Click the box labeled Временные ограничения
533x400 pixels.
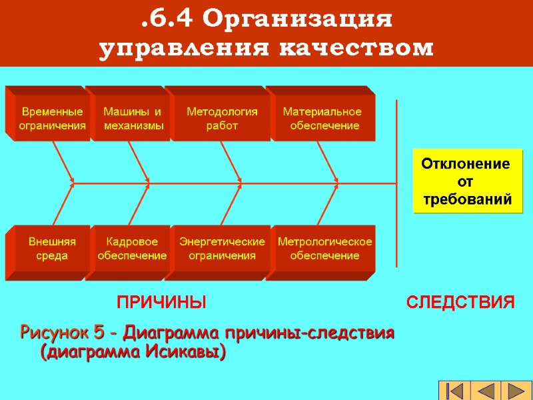click(52, 118)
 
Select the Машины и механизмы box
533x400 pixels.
click(133, 118)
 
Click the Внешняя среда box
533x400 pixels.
click(52, 248)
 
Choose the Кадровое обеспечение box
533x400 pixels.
click(132, 248)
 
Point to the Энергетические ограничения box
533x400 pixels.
click(222, 248)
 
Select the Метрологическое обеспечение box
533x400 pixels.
click(324, 248)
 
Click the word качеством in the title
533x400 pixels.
click(360, 48)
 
